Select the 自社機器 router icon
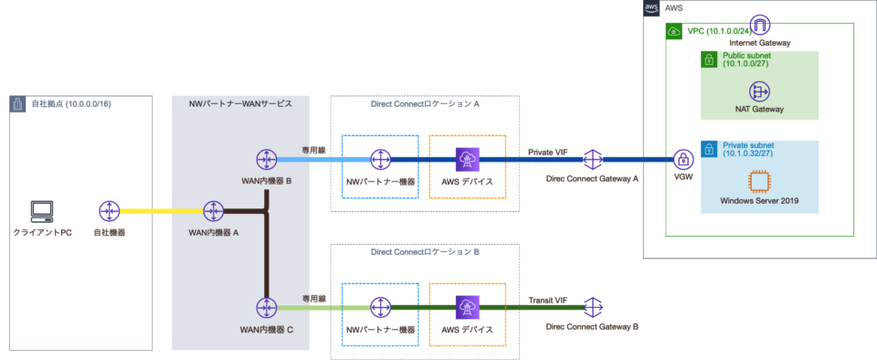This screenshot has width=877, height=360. (110, 211)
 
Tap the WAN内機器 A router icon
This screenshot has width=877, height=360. (214, 211)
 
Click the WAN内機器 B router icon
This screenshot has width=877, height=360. (266, 159)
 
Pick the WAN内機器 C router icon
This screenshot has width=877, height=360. (266, 307)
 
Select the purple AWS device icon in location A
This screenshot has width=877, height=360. (467, 159)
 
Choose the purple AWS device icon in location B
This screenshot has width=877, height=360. (467, 307)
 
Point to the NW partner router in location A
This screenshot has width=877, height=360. (379, 159)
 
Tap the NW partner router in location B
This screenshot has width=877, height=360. (379, 307)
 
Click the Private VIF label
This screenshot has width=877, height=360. (548, 151)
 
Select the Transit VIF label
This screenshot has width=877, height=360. (548, 299)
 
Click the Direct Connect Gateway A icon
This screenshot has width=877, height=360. (592, 159)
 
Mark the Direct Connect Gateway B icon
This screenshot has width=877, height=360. (592, 307)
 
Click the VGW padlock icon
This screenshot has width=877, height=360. (682, 159)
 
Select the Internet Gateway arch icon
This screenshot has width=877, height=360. (760, 25)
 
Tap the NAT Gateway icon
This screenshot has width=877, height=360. (760, 91)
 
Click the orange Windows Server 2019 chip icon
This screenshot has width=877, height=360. (760, 181)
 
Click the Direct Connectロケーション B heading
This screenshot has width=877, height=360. (425, 252)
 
